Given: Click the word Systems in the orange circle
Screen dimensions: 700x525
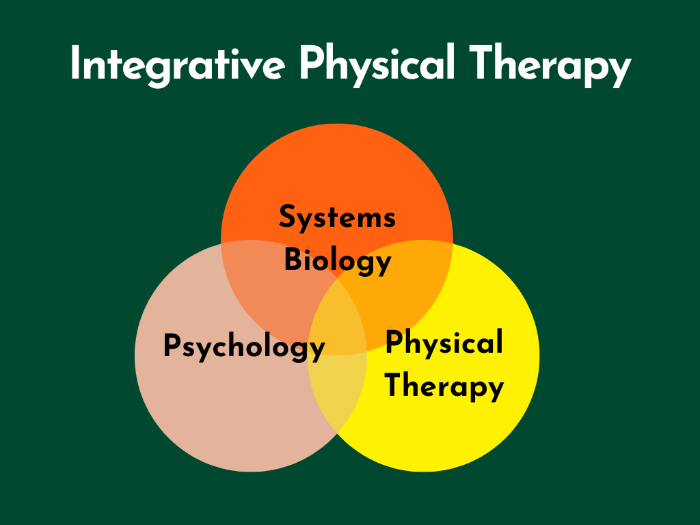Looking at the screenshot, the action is pos(337,218).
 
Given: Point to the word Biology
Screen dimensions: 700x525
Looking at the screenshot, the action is pos(337,262).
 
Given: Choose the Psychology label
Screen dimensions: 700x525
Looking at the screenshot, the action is pos(244,347).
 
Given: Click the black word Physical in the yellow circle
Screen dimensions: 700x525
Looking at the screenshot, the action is pos(444,342).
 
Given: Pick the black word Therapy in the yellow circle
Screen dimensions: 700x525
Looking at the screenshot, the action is pos(444,386).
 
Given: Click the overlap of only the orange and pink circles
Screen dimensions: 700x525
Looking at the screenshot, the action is pos(273,287).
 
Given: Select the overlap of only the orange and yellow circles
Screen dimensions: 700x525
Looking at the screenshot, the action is pos(403,287).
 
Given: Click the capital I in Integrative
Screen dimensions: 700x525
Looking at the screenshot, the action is pos(76,66).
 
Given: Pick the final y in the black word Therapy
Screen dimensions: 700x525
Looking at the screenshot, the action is pos(496,390).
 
